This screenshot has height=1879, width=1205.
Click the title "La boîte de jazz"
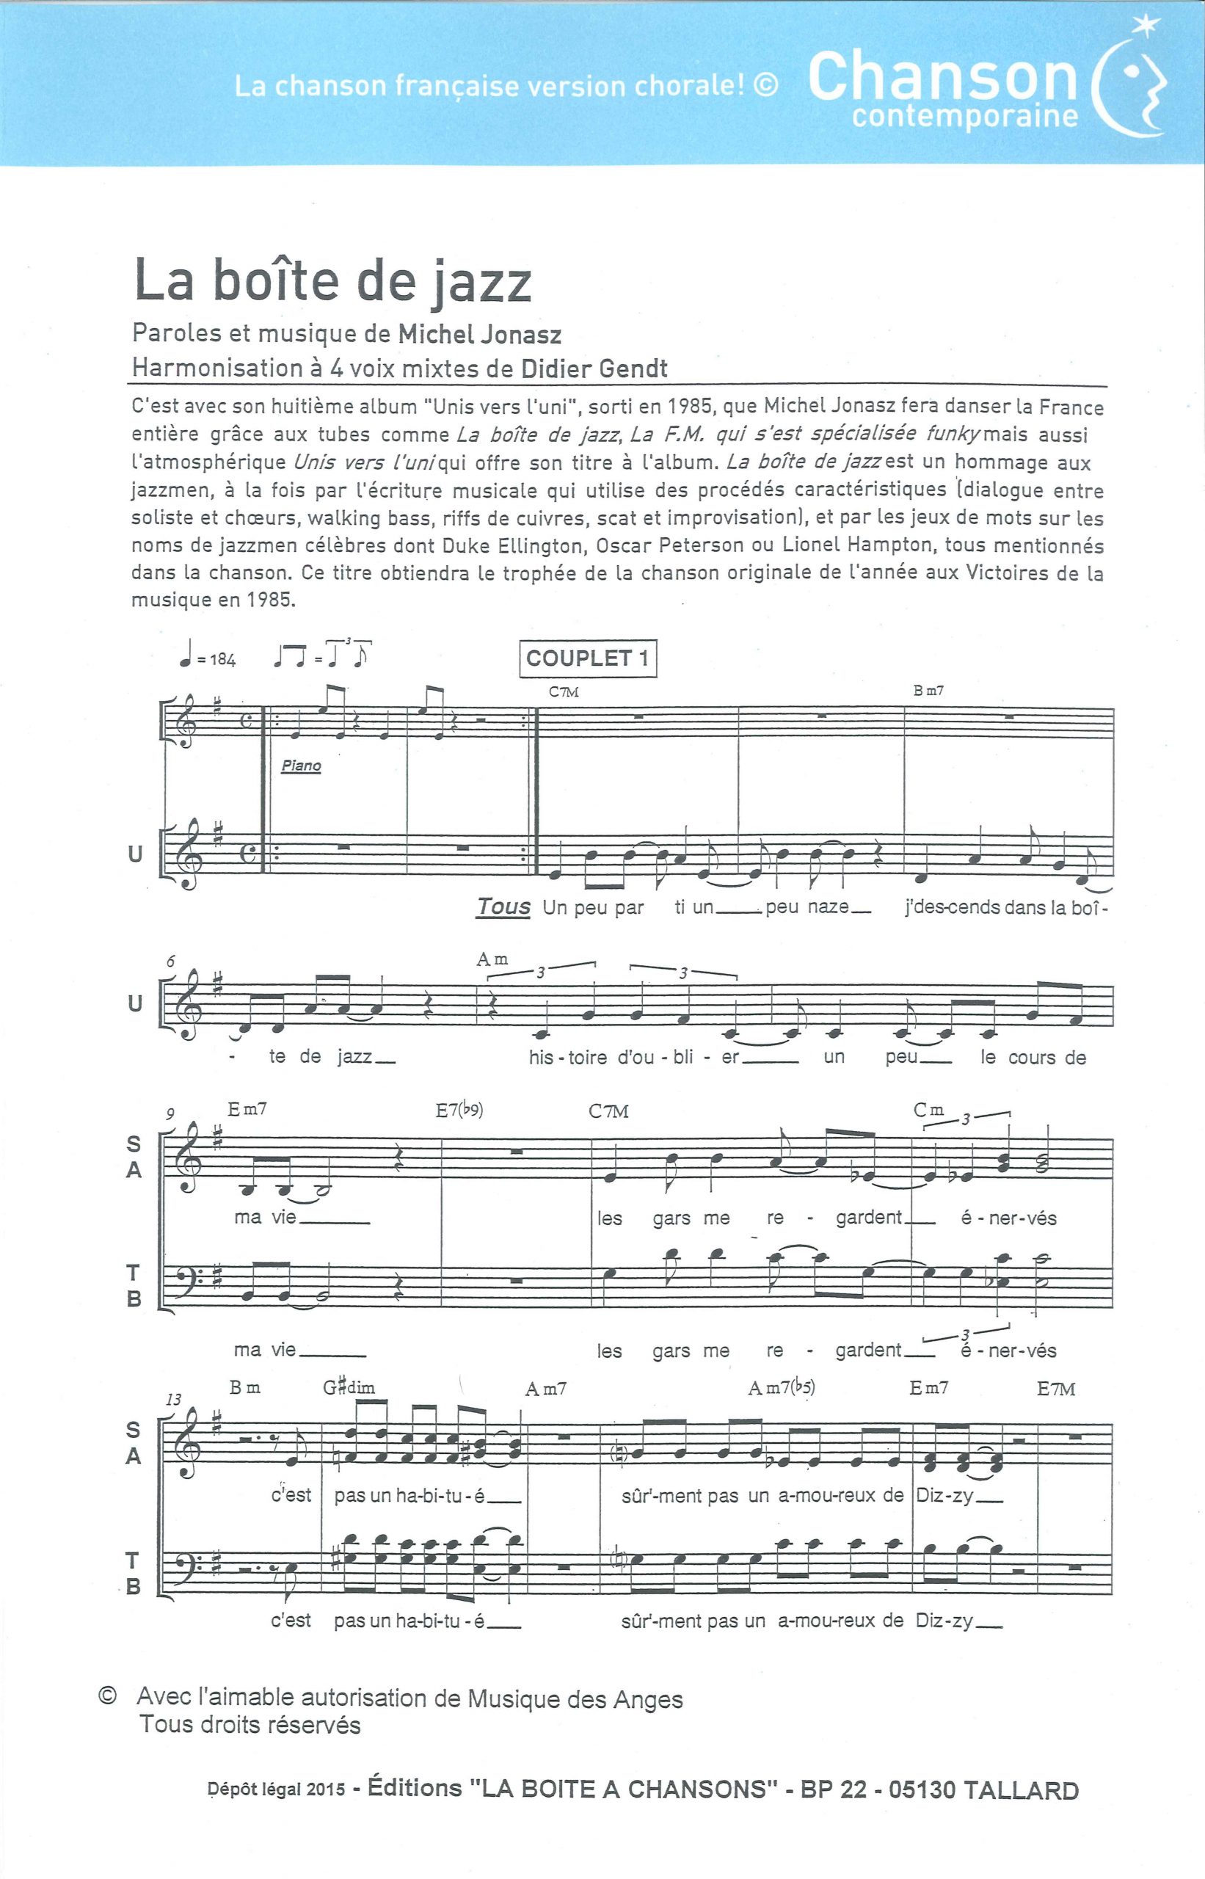(332, 281)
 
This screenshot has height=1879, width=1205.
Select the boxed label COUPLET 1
(588, 658)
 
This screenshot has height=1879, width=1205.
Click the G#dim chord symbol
(349, 1387)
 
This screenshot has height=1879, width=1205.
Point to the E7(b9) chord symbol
(459, 1110)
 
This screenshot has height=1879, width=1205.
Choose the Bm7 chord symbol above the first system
(928, 691)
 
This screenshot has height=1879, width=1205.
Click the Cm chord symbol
(929, 1110)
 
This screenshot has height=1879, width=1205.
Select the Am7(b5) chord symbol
(781, 1388)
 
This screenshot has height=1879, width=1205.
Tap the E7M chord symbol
(1055, 1389)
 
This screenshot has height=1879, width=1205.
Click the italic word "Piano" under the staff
(301, 766)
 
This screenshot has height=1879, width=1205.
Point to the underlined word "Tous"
(503, 906)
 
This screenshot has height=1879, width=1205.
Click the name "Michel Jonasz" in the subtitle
(480, 335)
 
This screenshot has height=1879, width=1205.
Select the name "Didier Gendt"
(594, 368)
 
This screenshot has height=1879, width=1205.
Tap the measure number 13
(174, 1399)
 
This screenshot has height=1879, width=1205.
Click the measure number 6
(170, 962)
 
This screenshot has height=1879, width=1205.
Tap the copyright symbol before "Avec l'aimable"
(107, 1696)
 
